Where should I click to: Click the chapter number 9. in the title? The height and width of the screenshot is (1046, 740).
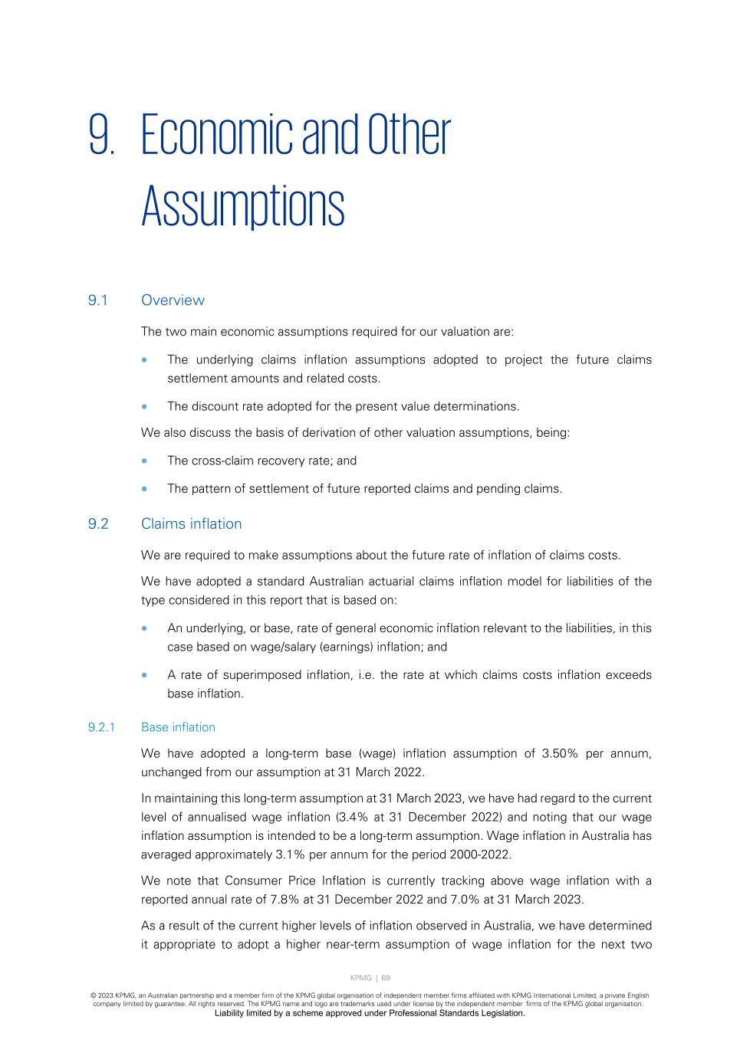(102, 136)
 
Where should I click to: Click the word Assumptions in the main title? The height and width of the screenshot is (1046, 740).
(242, 206)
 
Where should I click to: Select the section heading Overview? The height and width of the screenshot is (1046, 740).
(173, 300)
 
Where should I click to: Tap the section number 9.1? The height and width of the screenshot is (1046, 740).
(97, 300)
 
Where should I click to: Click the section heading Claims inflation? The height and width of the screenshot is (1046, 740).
(191, 524)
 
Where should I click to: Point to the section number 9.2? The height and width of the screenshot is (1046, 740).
(98, 524)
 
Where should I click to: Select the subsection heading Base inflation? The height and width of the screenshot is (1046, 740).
(178, 727)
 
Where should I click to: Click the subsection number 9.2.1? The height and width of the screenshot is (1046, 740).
(101, 727)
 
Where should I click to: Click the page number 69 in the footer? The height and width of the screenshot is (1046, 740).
(386, 978)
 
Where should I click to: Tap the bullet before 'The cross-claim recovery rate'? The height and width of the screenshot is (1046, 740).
(144, 461)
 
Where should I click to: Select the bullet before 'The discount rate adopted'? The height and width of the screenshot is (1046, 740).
(144, 407)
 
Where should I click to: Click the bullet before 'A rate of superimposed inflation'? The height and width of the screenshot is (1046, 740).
(144, 675)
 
